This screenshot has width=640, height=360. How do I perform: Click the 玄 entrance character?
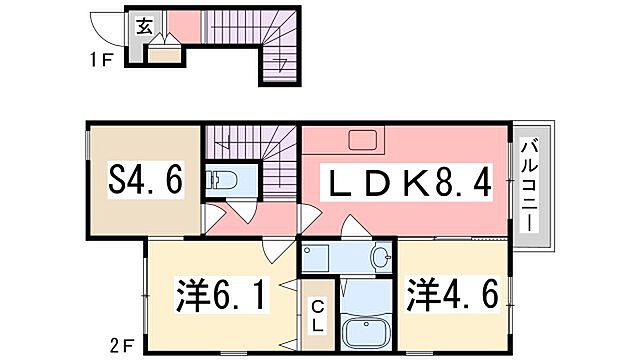click(143, 26)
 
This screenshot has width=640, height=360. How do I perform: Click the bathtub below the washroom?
click(368, 328)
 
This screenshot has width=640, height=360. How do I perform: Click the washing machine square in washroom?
click(318, 258)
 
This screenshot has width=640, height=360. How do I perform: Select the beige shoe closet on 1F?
click(165, 53)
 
